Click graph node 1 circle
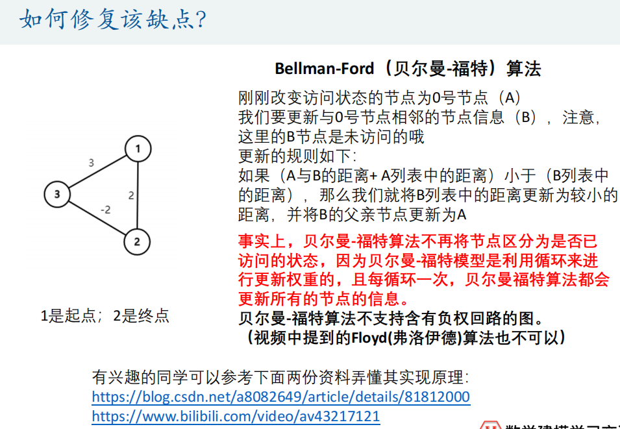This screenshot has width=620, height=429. tap(138, 149)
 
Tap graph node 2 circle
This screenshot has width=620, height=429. tap(137, 242)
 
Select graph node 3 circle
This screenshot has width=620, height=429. tap(57, 193)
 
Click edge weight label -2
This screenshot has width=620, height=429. tap(105, 210)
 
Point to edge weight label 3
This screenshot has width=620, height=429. tap(91, 162)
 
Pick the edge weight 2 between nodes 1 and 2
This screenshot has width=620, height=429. tap(131, 195)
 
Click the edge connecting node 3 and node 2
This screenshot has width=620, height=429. tap(97, 218)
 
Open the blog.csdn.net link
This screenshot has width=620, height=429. tap(280, 397)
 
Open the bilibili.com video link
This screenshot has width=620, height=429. tap(236, 416)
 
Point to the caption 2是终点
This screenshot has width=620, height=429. tap(141, 316)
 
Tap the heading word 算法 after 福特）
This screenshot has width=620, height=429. tap(524, 69)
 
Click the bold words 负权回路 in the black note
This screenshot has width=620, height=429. tap(445, 319)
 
